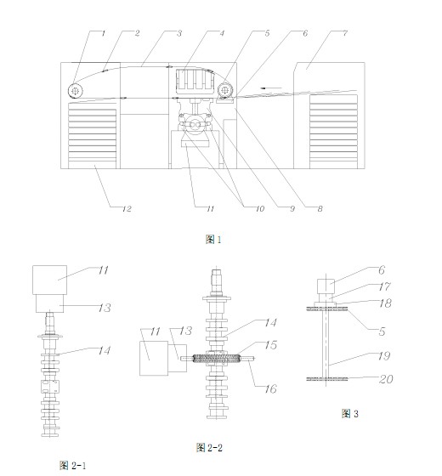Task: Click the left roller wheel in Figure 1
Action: pyautogui.click(x=76, y=90)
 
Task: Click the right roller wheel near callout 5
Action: pyautogui.click(x=225, y=89)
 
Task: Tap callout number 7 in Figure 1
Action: pyautogui.click(x=345, y=33)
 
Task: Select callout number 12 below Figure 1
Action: pyautogui.click(x=127, y=209)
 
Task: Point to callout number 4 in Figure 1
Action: pyautogui.click(x=222, y=33)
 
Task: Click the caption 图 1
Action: pyautogui.click(x=213, y=240)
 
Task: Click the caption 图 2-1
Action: pyautogui.click(x=72, y=465)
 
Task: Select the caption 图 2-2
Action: pyautogui.click(x=209, y=447)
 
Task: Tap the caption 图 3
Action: pyautogui.click(x=350, y=413)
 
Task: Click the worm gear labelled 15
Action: pyautogui.click(x=216, y=358)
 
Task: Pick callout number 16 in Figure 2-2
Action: pyautogui.click(x=270, y=389)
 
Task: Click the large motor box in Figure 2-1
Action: pyautogui.click(x=50, y=280)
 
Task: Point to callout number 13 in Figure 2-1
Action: pyautogui.click(x=105, y=308)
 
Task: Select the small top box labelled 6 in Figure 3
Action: pyautogui.click(x=326, y=286)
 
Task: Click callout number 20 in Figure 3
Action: pyautogui.click(x=386, y=379)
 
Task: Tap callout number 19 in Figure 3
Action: pyautogui.click(x=384, y=356)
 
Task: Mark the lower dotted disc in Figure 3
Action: pyautogui.click(x=327, y=379)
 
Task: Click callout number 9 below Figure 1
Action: pyautogui.click(x=292, y=209)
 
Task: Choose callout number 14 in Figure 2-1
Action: pyautogui.click(x=104, y=350)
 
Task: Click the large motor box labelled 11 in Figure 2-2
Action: pyautogui.click(x=154, y=358)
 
